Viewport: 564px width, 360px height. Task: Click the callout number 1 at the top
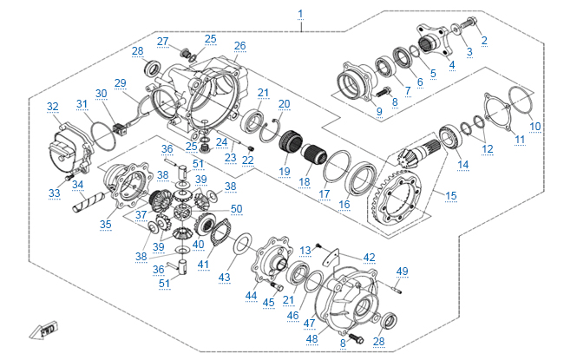point(301,12)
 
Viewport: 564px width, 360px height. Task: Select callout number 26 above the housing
point(239,45)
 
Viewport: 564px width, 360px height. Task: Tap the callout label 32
point(53,107)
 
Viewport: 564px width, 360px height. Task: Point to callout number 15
point(450,195)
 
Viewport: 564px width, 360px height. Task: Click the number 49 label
point(401,272)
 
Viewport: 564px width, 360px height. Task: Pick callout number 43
point(225,277)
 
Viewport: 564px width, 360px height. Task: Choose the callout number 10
point(535,126)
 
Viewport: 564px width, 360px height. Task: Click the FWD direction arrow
point(41,331)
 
